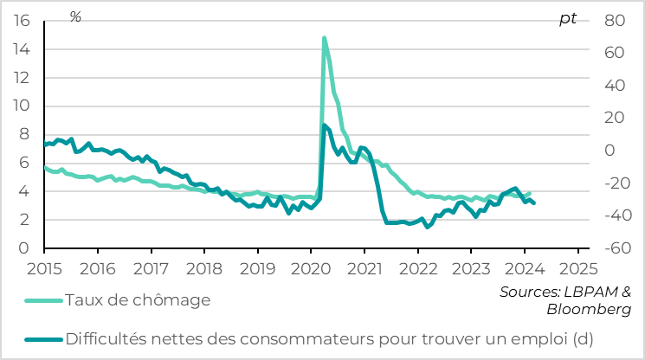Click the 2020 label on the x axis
pos(311,268)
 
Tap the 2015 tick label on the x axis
pos(44,268)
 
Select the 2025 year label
pos(577,268)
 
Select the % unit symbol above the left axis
pos(75,17)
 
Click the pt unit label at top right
pos(567,19)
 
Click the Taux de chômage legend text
pos(139,300)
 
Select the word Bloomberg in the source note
pos(589,310)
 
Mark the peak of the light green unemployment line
pos(324,38)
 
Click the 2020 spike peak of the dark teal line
pos(325,125)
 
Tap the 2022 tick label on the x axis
pos(417,268)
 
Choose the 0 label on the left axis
pos(25,248)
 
